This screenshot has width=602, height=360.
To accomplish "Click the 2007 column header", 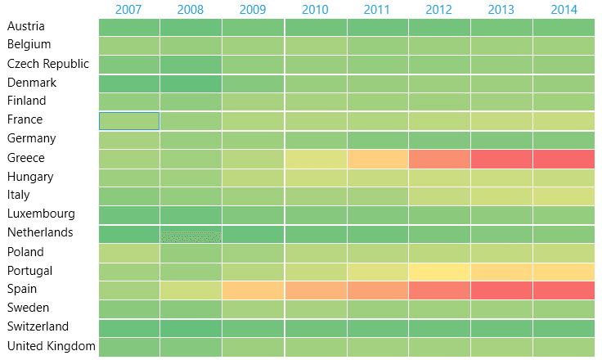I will coord(128,10).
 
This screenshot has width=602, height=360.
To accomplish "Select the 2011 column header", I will coord(377,10).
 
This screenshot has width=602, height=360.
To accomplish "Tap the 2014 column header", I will coord(564,10).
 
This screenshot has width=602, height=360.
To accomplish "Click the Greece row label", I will coord(25,158).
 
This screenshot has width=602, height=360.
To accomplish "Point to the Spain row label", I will coord(23,289).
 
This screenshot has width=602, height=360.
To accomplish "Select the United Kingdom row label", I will coord(51,346).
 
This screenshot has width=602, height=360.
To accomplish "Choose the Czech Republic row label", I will coord(48,64).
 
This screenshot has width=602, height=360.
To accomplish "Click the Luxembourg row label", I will coord(41,214).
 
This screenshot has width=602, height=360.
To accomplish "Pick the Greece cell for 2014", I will coord(564,159).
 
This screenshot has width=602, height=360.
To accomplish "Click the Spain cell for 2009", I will coord(253,290).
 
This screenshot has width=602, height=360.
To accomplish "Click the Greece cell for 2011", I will coord(377,159).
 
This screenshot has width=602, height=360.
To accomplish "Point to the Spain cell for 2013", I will coord(501,290).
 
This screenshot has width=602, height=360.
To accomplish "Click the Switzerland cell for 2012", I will coord(439,327).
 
